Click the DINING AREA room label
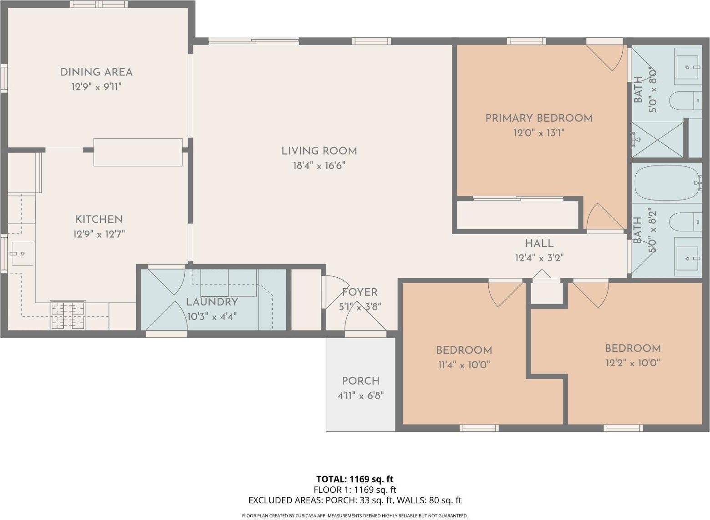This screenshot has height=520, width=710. (x=96, y=72)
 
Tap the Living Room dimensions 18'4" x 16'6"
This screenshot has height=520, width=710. (x=319, y=166)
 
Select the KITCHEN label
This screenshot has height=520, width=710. (x=99, y=220)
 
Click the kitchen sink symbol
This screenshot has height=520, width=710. (x=22, y=253)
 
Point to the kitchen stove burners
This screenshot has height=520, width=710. (x=68, y=315)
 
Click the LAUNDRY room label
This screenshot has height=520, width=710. (x=212, y=302)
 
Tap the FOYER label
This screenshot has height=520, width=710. (x=360, y=292)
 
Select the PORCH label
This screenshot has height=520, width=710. (x=360, y=381)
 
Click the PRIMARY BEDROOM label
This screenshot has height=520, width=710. (x=539, y=118)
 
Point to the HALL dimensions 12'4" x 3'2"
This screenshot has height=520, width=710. (x=539, y=258)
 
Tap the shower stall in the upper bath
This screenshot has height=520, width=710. (x=658, y=139)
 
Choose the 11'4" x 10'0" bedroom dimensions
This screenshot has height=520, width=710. (x=464, y=365)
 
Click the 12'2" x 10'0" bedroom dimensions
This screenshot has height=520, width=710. (x=633, y=363)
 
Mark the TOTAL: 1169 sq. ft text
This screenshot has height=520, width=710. (x=355, y=479)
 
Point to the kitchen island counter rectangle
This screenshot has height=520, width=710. (x=138, y=152)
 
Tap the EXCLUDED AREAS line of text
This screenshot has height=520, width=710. (x=355, y=500)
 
